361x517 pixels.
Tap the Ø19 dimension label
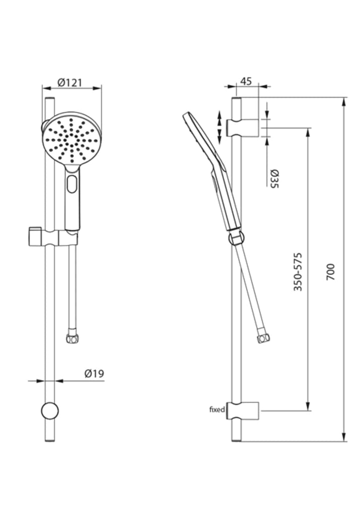click(94, 373)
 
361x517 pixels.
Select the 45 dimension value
click(246, 81)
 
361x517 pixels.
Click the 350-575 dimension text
click(298, 272)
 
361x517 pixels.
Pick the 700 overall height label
click(331, 272)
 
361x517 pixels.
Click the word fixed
click(217, 410)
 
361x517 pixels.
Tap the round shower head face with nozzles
click(71, 139)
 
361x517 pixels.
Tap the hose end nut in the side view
click(262, 338)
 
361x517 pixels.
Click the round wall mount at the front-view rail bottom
click(50, 411)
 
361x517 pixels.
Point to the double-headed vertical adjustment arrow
click(219, 127)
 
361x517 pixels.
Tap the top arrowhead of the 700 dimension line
click(344, 102)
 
